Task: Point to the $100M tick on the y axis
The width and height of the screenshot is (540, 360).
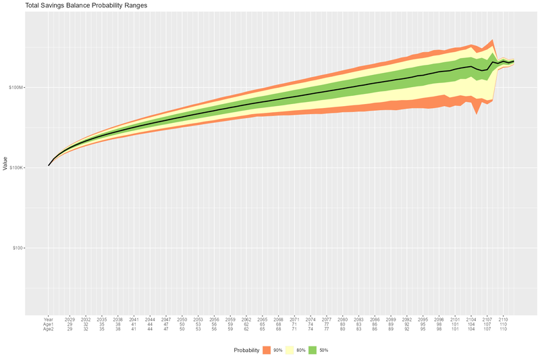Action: tap(16, 87)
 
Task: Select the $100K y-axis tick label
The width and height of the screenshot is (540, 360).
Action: tap(16, 168)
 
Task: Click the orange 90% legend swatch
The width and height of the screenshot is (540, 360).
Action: tap(267, 350)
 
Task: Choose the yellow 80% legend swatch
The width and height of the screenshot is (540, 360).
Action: tap(291, 350)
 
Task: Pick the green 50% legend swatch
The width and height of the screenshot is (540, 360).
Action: tap(314, 350)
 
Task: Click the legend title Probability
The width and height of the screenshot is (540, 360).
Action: tap(247, 350)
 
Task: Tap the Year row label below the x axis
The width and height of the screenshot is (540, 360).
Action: tap(49, 319)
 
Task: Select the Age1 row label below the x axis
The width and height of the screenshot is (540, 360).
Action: tap(49, 324)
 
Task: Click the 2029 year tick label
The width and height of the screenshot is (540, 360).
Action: tap(70, 319)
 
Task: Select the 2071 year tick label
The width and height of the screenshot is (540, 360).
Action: tap(294, 319)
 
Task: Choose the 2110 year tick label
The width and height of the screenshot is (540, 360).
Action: tap(504, 319)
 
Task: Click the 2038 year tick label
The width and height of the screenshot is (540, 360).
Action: tap(118, 319)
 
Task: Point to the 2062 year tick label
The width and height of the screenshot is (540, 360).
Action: tap(246, 319)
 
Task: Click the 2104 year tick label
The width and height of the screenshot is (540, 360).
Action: tap(471, 319)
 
